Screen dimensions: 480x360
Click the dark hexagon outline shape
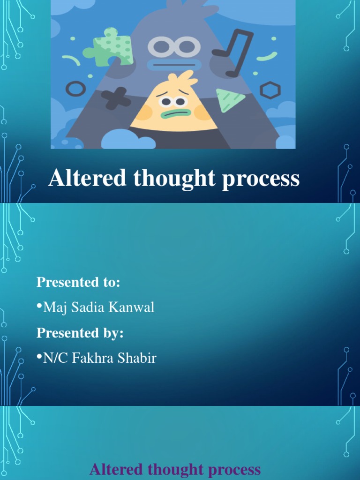pos(270,90)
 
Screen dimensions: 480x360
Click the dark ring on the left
pos(75,88)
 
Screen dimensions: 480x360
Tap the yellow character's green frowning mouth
pos(176,113)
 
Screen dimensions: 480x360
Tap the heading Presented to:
pos(78,283)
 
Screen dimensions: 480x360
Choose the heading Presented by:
pos(80,333)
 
